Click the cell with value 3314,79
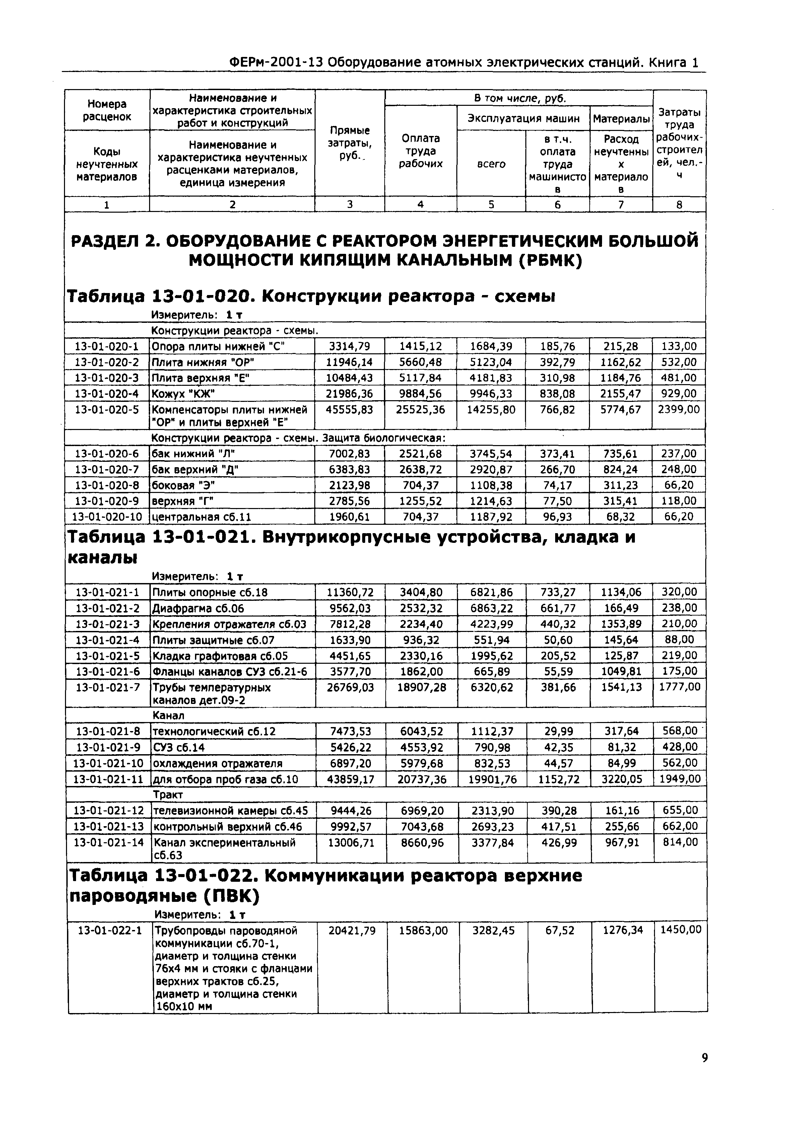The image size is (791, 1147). pyautogui.click(x=349, y=346)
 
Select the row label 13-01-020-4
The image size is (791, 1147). pyautogui.click(x=107, y=394)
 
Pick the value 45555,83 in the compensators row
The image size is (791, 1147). pyautogui.click(x=349, y=410)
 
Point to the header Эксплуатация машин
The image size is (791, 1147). pyautogui.click(x=523, y=119)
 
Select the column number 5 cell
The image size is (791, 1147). pyautogui.click(x=491, y=204)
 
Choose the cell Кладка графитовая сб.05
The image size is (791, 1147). pyautogui.click(x=220, y=656)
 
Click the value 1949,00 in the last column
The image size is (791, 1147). pyautogui.click(x=679, y=779)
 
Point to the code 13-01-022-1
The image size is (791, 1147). pyautogui.click(x=110, y=930)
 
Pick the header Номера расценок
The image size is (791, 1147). pyautogui.click(x=107, y=110)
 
